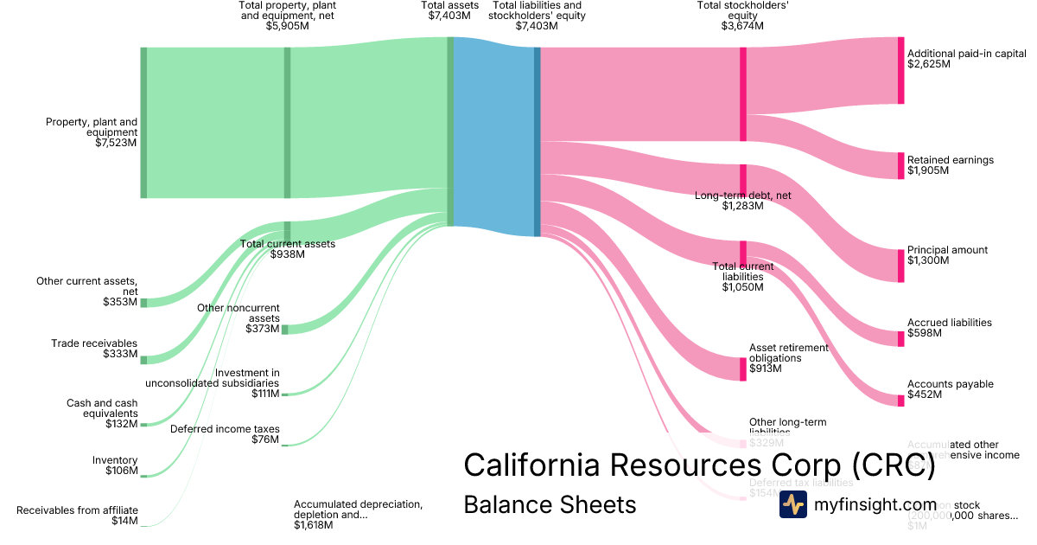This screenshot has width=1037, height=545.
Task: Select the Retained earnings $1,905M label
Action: pos(950,165)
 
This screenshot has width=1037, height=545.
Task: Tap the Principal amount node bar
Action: pos(900,265)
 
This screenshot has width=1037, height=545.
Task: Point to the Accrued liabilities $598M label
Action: pos(949,328)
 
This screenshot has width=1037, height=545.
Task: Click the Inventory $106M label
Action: pos(115,465)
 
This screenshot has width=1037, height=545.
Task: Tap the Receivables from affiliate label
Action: pos(77,516)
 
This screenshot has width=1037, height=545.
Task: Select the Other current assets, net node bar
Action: pos(143,303)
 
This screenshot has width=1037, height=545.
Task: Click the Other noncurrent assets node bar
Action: pos(285,329)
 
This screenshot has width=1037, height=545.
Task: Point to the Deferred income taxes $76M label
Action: pos(225,434)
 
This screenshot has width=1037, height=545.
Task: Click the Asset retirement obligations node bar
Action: pos(742,369)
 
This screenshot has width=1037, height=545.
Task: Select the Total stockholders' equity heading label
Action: pos(742,16)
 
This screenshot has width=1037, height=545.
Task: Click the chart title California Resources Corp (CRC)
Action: pos(699,465)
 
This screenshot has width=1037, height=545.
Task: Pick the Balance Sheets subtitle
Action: pos(550,504)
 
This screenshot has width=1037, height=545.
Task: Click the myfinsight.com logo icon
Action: pos(792,504)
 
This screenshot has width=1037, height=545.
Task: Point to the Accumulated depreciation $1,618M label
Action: pos(358,514)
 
